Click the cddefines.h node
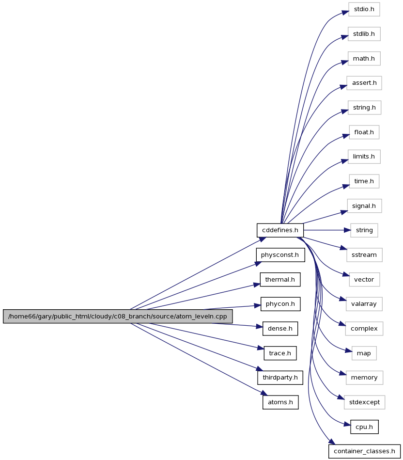[x=280, y=230]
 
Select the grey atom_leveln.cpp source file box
[x=118, y=316]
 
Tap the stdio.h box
[x=364, y=9]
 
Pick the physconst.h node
[x=280, y=255]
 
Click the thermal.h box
[x=280, y=280]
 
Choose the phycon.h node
[x=280, y=304]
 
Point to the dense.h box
[x=280, y=329]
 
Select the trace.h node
[x=280, y=353]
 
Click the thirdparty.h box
[x=280, y=378]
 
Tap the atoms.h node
[x=280, y=402]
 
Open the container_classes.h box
[x=364, y=451]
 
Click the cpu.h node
[x=364, y=427]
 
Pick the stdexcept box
[x=365, y=402]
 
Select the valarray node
[x=364, y=304]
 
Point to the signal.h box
[x=364, y=206]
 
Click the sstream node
[x=364, y=255]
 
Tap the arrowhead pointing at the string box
[x=347, y=230]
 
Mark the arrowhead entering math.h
[x=344, y=63]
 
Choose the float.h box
[x=364, y=132]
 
